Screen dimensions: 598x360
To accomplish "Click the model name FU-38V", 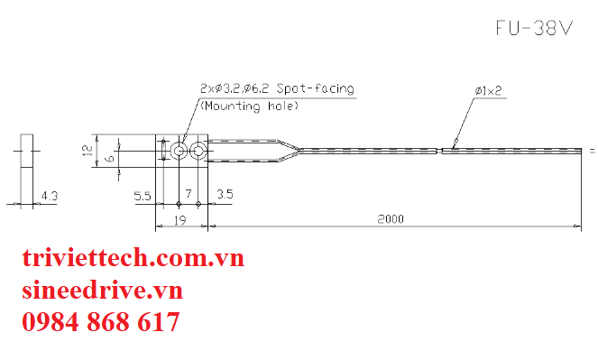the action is [534, 28].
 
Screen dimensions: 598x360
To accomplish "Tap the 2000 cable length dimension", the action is [391, 219].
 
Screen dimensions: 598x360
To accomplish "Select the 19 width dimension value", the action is [179, 220].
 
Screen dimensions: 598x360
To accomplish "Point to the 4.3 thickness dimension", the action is [50, 196].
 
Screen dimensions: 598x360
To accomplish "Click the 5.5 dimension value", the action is [143, 196].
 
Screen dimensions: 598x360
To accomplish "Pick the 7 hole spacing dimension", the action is [189, 194].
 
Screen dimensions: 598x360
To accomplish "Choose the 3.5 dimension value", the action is [225, 194].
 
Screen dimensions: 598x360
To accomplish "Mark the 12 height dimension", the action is [88, 150].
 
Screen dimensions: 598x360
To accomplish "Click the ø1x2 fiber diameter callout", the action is [488, 91].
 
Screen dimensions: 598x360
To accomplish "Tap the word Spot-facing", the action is [316, 88].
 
